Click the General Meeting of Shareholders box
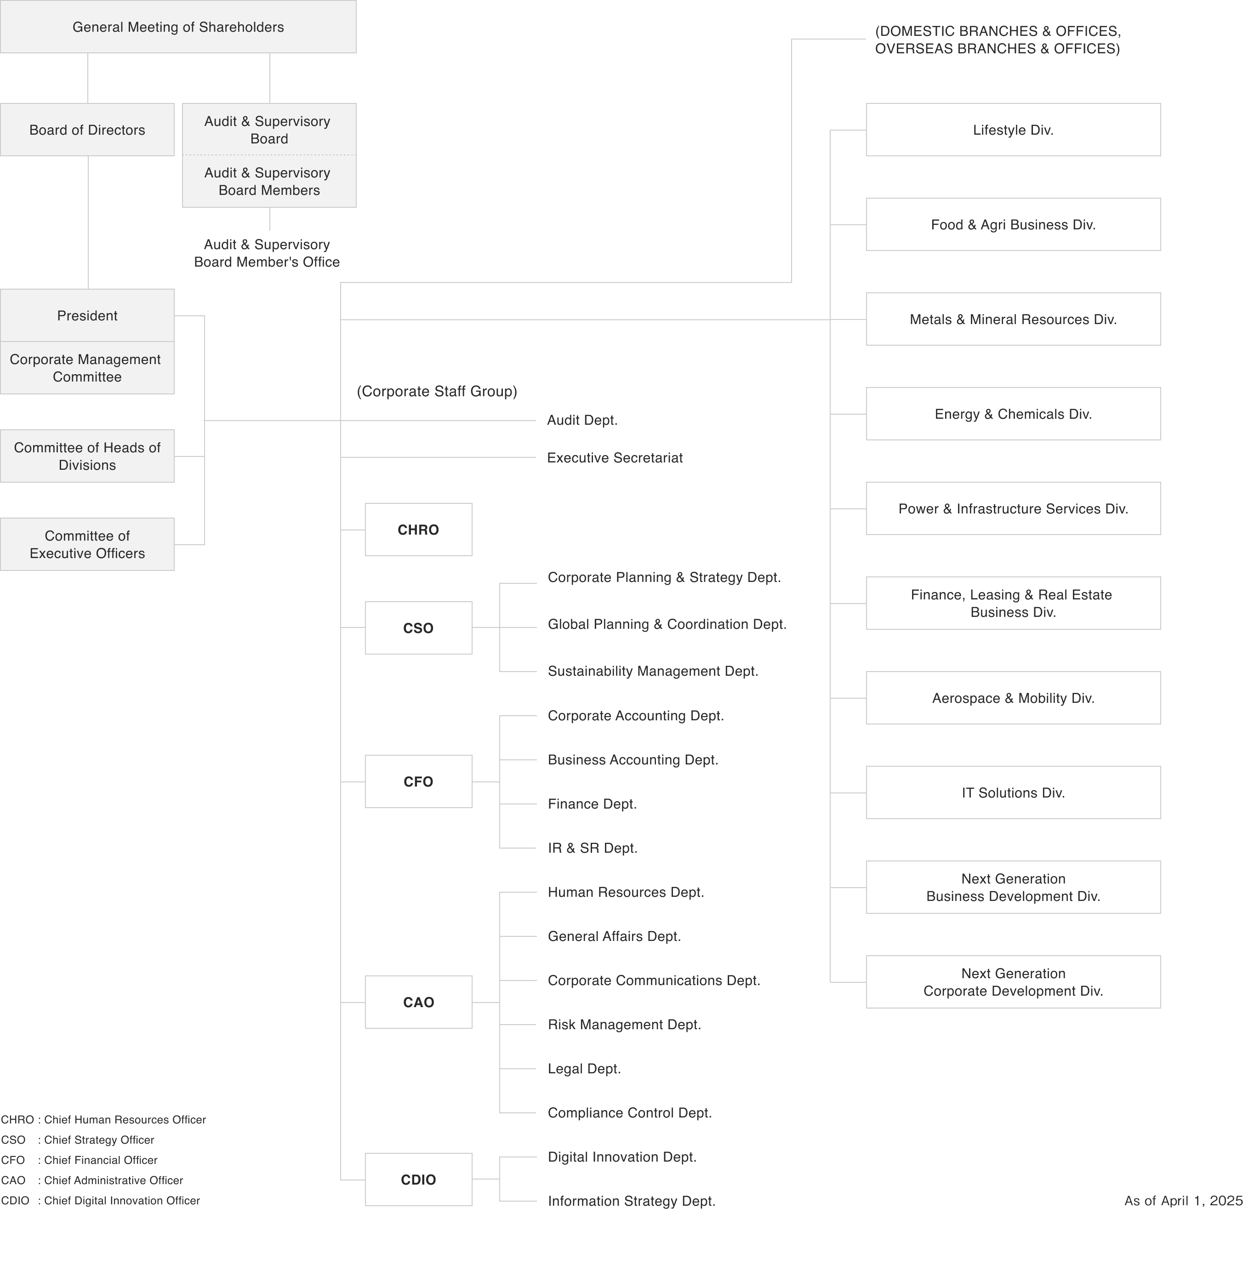pyautogui.click(x=178, y=27)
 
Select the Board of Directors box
pyautogui.click(x=87, y=130)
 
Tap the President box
pyautogui.click(x=87, y=315)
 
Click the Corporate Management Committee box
pyautogui.click(x=87, y=368)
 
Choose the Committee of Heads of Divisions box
pyautogui.click(x=87, y=456)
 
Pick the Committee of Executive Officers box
pyautogui.click(x=87, y=544)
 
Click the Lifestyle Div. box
pyautogui.click(x=1013, y=130)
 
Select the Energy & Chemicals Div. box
pyautogui.click(x=1013, y=414)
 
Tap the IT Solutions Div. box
pyautogui.click(x=1013, y=792)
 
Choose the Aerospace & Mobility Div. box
pyautogui.click(x=1013, y=698)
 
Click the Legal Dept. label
pyautogui.click(x=584, y=1069)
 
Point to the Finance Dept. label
pyautogui.click(x=592, y=804)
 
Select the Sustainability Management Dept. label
pyautogui.click(x=653, y=671)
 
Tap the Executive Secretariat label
pyautogui.click(x=615, y=458)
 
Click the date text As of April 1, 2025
pyautogui.click(x=1182, y=1201)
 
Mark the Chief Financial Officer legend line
pyautogui.click(x=80, y=1160)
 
